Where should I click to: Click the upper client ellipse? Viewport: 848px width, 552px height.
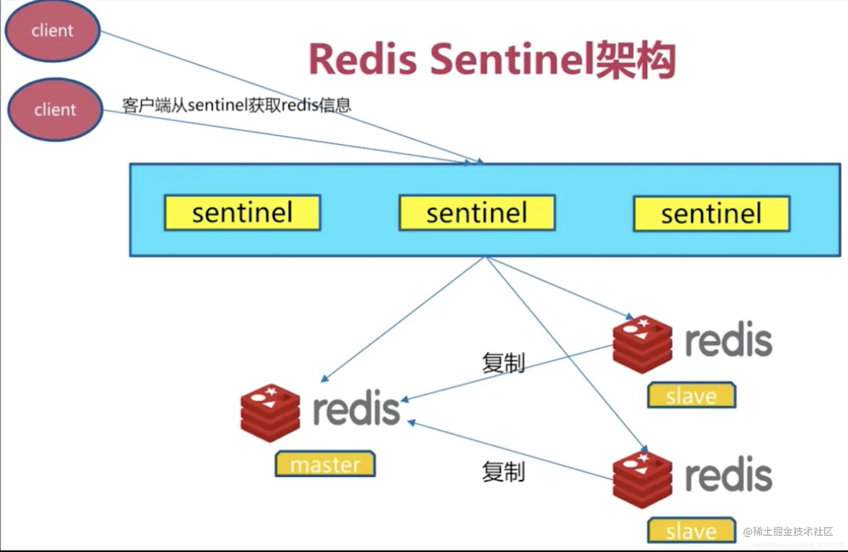[x=52, y=30]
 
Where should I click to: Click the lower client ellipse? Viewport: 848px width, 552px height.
[x=55, y=109]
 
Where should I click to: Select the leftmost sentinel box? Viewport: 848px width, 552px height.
[x=242, y=213]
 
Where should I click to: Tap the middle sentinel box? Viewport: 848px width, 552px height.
[x=477, y=213]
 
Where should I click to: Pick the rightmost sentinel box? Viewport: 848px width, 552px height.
[x=711, y=214]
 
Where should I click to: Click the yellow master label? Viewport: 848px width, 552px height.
[x=325, y=464]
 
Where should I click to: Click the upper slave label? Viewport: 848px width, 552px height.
[x=691, y=396]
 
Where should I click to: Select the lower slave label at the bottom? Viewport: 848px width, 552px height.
[x=691, y=530]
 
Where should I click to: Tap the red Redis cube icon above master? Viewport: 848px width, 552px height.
[x=270, y=412]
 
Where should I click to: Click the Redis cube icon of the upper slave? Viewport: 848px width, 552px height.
[x=642, y=344]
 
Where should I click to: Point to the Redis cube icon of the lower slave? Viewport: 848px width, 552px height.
[x=642, y=479]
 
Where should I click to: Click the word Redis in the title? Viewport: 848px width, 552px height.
[x=363, y=59]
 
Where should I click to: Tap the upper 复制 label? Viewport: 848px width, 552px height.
[x=503, y=363]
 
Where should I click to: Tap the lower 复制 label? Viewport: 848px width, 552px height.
[x=503, y=472]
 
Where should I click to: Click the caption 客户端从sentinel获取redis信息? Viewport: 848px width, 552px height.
[x=237, y=105]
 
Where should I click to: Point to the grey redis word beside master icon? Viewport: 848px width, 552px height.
[x=356, y=409]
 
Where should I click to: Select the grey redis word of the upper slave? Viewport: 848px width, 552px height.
[x=729, y=340]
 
